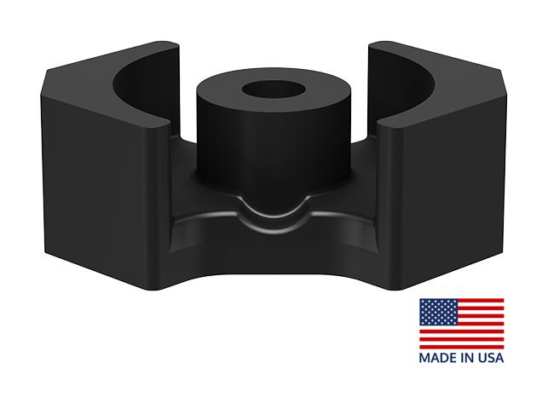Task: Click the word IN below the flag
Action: tap(464, 358)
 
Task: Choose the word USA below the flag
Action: tap(489, 358)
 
